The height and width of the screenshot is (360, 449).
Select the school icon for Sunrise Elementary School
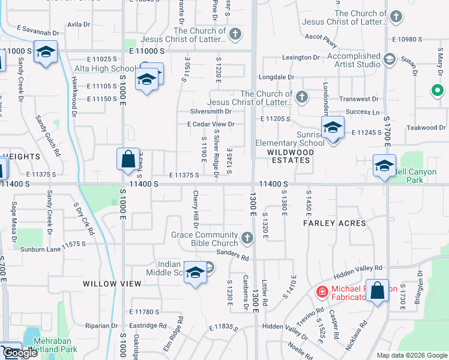333,128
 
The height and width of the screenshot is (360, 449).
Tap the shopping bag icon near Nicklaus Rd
378,291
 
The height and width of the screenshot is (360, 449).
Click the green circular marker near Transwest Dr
438,91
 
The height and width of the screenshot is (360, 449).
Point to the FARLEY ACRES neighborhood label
334,223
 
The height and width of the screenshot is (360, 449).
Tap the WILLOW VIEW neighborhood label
107,283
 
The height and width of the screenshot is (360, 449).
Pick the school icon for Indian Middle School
195,273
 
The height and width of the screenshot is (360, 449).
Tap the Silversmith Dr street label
211,111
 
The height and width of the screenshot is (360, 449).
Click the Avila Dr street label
79,25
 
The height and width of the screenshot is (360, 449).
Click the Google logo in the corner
20,353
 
